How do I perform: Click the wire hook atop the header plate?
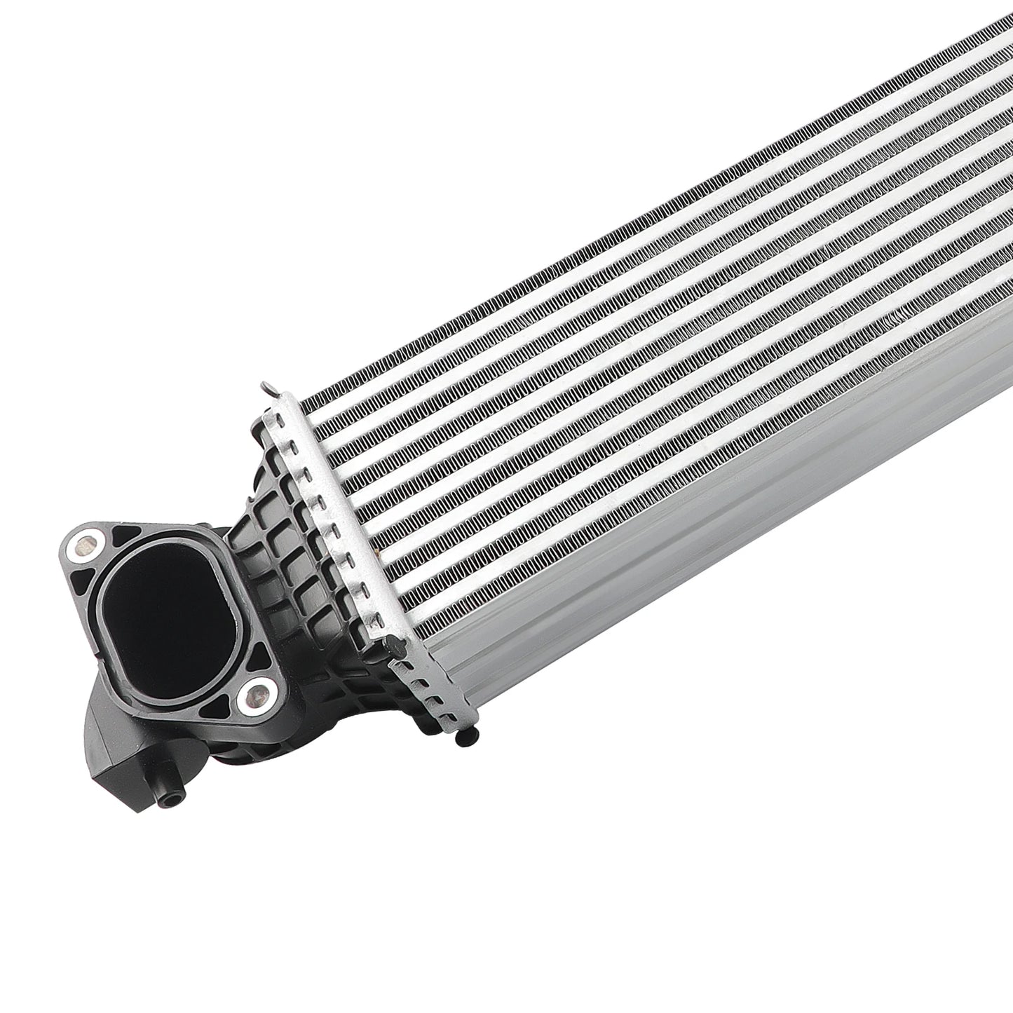[x=265, y=388]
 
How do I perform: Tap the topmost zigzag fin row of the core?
[x=631, y=210]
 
